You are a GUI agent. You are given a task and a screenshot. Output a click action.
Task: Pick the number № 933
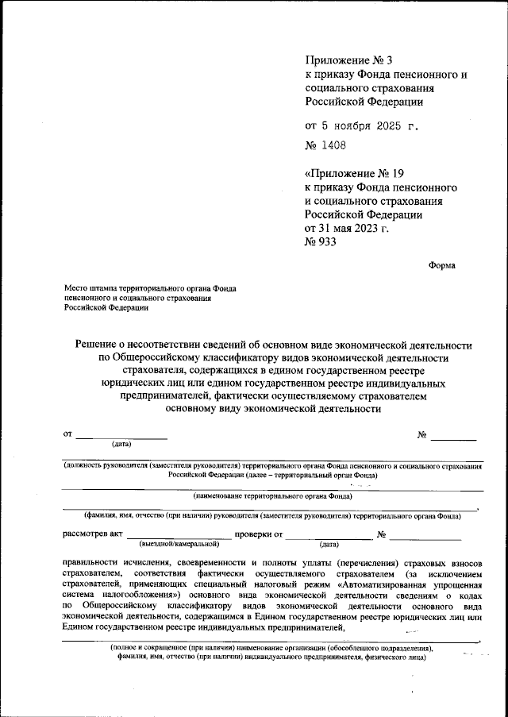click(x=321, y=243)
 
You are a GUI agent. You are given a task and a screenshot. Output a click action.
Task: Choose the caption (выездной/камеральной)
click(x=179, y=545)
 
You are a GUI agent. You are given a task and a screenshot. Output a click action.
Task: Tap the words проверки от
click(x=259, y=534)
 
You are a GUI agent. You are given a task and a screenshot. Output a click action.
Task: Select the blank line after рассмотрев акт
click(x=179, y=537)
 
